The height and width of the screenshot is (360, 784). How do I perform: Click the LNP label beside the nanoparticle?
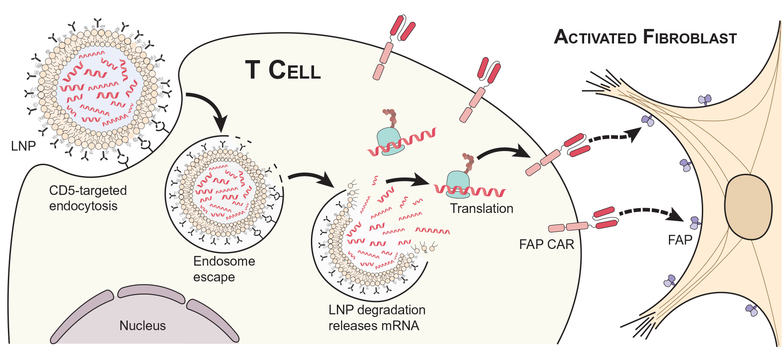(23, 146)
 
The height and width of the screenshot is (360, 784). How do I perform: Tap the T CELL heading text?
(283, 70)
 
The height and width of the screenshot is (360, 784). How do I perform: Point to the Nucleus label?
(142, 326)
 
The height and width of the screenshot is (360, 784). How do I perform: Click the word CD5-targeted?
(88, 191)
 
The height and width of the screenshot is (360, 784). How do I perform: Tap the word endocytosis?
(83, 206)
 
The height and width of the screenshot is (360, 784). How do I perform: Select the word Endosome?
(224, 261)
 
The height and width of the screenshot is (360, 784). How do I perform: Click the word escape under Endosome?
(214, 277)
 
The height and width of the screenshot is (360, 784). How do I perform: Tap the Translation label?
(481, 209)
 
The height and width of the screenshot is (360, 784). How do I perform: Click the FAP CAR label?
(546, 245)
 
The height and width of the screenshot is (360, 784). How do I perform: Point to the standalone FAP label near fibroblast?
(680, 240)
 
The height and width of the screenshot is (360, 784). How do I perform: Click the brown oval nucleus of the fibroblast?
(748, 207)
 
